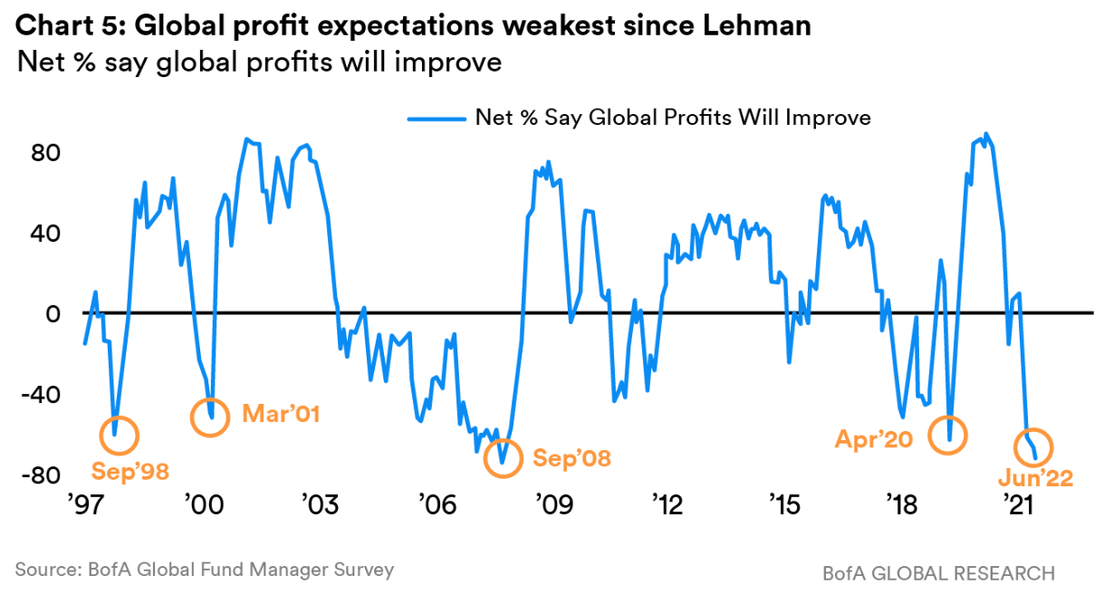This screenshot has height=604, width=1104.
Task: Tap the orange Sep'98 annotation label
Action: coord(130,471)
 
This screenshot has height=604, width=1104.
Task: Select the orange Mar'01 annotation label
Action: coord(282,415)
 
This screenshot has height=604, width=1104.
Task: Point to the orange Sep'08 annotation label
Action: coord(571,458)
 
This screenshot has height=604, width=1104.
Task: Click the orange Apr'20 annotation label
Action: coord(875,440)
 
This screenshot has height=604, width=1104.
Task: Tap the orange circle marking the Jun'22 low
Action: coord(1030,446)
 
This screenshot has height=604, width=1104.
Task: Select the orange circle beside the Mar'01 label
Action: coord(210,417)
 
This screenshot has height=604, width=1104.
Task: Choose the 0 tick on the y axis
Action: coord(54,313)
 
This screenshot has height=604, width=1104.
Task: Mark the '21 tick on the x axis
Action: coord(1015,503)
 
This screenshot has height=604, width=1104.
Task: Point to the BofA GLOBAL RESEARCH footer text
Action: coord(938,573)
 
